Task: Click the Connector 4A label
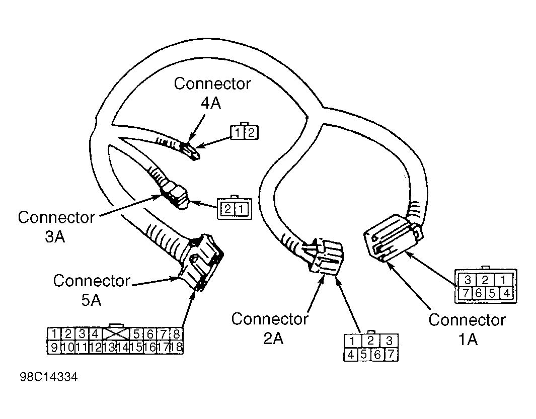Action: [x=212, y=93]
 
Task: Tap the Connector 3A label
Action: [x=56, y=226]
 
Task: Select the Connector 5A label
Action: [x=92, y=290]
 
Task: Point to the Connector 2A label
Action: [x=269, y=328]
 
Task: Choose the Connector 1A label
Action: [x=467, y=329]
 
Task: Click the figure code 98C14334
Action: [x=48, y=377]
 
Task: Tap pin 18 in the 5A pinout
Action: [x=176, y=347]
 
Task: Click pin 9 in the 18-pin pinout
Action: [x=54, y=347]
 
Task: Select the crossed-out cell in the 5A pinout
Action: [x=116, y=334]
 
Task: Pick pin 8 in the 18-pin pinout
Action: [x=177, y=334]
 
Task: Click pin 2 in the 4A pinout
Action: [x=251, y=133]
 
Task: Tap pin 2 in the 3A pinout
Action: [x=227, y=209]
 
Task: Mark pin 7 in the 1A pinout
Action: [x=465, y=293]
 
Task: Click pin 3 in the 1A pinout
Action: [x=468, y=280]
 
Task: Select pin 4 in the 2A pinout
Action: [x=351, y=355]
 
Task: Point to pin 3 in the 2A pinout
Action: [x=389, y=341]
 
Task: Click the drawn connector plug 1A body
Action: [x=393, y=237]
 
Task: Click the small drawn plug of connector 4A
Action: [x=189, y=150]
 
